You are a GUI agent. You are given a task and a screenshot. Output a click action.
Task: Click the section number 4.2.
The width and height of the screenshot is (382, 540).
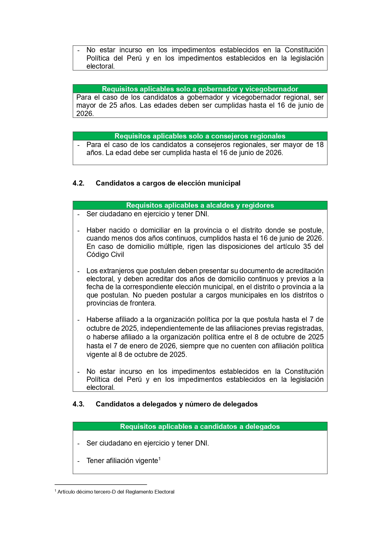tap(78, 183)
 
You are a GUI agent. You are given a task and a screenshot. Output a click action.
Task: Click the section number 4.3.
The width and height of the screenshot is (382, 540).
tap(78, 404)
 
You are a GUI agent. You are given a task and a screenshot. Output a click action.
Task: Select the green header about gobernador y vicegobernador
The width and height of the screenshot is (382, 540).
tap(200, 89)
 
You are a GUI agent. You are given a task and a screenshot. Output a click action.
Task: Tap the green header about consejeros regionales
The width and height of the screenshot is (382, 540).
tap(200, 136)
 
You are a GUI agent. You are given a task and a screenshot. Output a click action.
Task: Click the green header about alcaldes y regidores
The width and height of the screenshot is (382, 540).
tap(200, 205)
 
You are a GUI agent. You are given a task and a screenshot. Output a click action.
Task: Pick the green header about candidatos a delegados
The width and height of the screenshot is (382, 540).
tap(200, 426)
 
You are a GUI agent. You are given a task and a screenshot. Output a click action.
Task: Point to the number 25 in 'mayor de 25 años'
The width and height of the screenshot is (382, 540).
tap(113, 106)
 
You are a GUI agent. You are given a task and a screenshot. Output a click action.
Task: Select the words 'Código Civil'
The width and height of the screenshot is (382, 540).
tap(105, 255)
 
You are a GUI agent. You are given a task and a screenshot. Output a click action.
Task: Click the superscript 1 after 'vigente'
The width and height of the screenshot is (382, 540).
tap(159, 459)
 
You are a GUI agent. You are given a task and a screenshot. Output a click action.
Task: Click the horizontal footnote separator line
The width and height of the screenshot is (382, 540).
tap(101, 485)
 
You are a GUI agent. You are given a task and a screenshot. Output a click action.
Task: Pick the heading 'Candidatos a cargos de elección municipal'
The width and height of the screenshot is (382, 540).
tap(168, 183)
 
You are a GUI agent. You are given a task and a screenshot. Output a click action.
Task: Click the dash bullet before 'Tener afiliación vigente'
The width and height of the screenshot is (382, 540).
tap(78, 461)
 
